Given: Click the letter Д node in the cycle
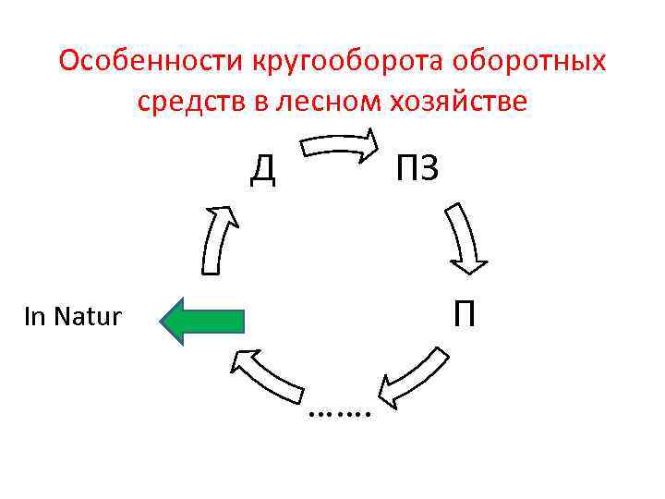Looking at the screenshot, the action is point(264,169).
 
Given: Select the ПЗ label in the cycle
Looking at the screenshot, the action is point(417,169).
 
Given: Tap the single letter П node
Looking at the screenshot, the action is point(464,315).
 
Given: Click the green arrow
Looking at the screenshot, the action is point(202,321).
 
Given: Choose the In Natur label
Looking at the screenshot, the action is point(72,317).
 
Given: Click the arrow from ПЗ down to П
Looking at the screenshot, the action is point(466,238).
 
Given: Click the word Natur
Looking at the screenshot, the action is point(88,317).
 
